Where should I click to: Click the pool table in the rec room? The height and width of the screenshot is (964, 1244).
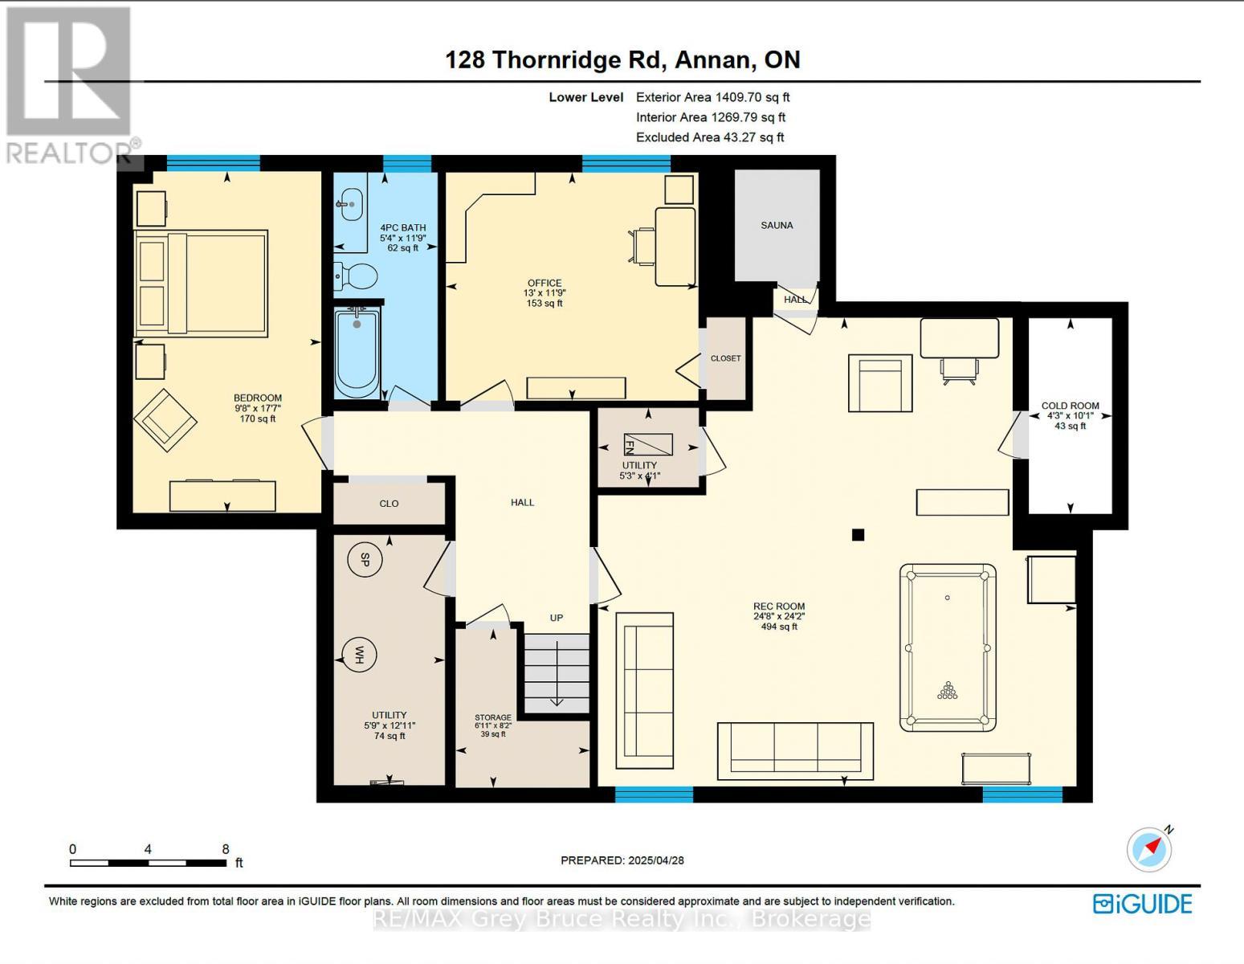(x=948, y=647)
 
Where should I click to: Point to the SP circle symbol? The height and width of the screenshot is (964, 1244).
(x=364, y=560)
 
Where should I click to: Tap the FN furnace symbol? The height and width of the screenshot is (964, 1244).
(x=647, y=444)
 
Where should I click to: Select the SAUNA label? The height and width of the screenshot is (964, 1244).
(x=777, y=226)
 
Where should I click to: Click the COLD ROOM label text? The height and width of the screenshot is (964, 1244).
(x=1070, y=406)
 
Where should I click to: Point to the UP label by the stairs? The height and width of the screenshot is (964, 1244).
(x=556, y=618)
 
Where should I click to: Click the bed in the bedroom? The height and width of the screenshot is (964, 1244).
(x=201, y=283)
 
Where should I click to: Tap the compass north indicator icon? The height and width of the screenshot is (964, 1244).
(x=1149, y=849)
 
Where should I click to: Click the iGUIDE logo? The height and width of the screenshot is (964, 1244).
(x=1142, y=904)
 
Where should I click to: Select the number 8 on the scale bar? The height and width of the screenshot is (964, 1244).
(x=226, y=849)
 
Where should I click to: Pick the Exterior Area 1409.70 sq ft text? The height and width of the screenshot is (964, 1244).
(x=712, y=97)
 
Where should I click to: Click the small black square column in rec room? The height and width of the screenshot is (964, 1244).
(x=858, y=534)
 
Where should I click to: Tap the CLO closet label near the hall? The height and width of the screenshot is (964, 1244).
(x=389, y=504)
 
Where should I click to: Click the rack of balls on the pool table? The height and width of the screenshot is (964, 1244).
(x=948, y=691)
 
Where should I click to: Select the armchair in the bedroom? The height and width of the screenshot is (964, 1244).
(x=165, y=419)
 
